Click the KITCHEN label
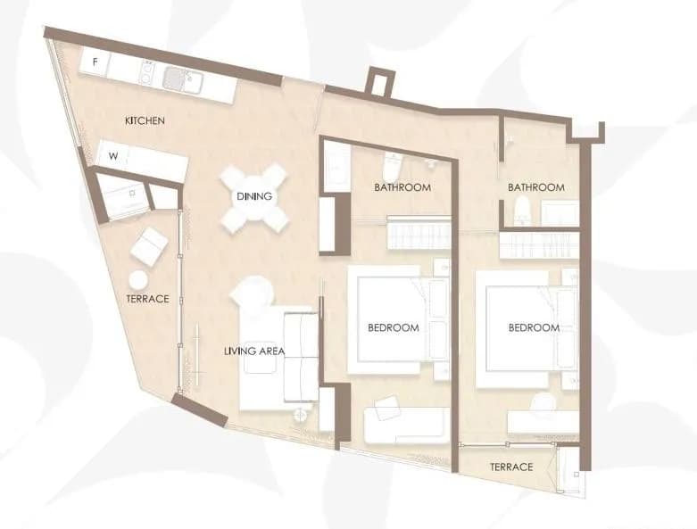pos(145,120)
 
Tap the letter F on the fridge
pos(95,62)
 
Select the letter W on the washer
pos(113,156)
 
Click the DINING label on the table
pos(254,196)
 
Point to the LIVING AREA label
pos(254,351)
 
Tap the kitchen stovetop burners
pos(146,72)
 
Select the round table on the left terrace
pos(138,279)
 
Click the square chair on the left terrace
pos(149,246)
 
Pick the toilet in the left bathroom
pos(392,167)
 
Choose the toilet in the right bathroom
pos(521,211)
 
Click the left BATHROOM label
pos(402,187)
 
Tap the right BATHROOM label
pos(536,187)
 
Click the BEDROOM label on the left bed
pos(394,327)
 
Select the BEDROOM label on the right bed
pos(534,327)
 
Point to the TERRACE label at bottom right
pos(511,467)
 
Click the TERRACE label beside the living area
pos(147,299)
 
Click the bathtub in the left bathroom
pos(336,168)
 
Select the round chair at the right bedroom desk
pos(543,403)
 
